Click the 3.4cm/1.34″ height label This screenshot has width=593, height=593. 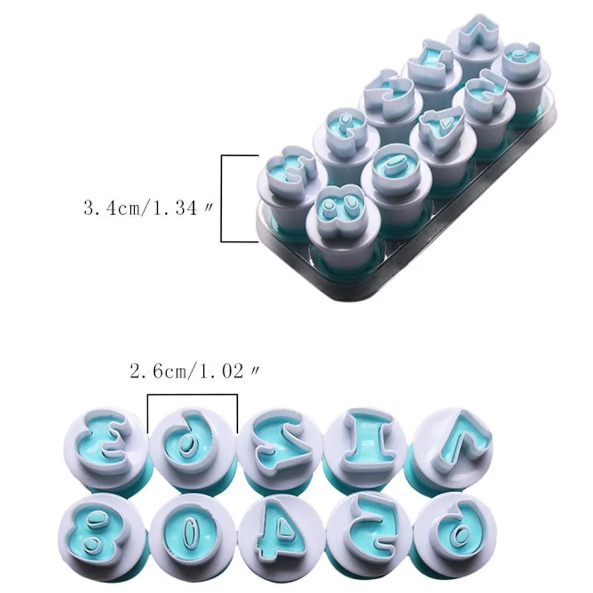coord(148,208)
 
